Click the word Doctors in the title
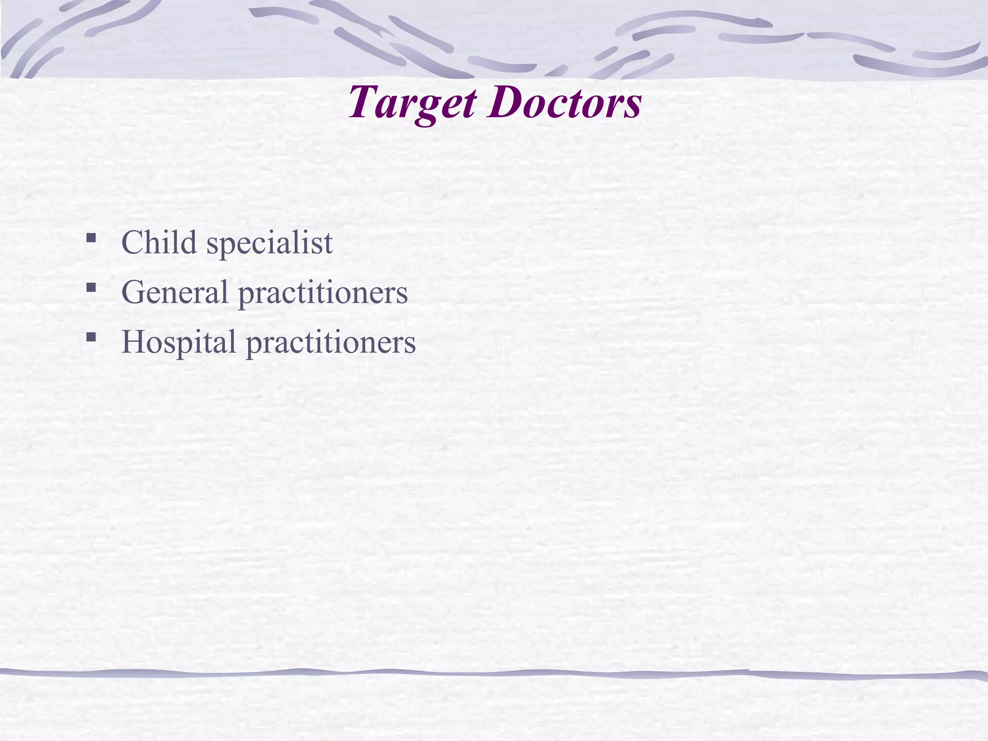(564, 103)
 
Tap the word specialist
(269, 243)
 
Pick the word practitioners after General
(323, 293)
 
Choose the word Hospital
(178, 342)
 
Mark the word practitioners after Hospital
(330, 343)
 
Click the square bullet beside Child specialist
(90, 238)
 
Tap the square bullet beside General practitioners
(90, 288)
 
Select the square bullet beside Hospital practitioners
(90, 337)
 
